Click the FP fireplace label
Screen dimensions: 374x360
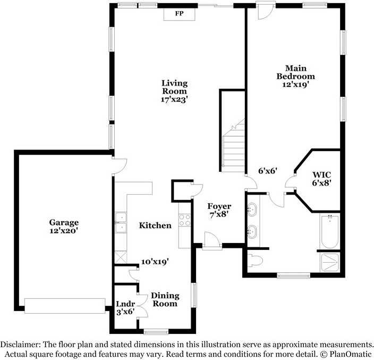coord(180,13)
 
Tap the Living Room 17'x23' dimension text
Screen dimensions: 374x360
coord(174,99)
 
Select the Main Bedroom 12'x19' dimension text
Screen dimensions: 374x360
coord(296,84)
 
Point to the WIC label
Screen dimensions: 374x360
coord(322,174)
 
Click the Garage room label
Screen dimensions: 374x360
coord(64,222)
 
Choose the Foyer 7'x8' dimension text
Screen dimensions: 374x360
coord(219,215)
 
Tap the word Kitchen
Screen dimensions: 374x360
coord(155,225)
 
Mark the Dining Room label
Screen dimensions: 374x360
coord(165,299)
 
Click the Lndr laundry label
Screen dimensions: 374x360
coord(125,304)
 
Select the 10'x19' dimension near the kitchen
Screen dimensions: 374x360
coord(155,262)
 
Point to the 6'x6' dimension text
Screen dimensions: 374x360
coord(268,171)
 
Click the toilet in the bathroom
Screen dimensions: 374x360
coord(255,261)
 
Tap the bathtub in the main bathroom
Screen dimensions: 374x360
coord(330,231)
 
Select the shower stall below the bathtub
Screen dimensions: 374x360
coord(330,262)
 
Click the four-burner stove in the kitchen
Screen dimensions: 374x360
coord(185,220)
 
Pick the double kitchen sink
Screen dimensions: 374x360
coord(121,222)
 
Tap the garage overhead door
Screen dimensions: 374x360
coord(65,306)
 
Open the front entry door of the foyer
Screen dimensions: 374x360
coord(212,241)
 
